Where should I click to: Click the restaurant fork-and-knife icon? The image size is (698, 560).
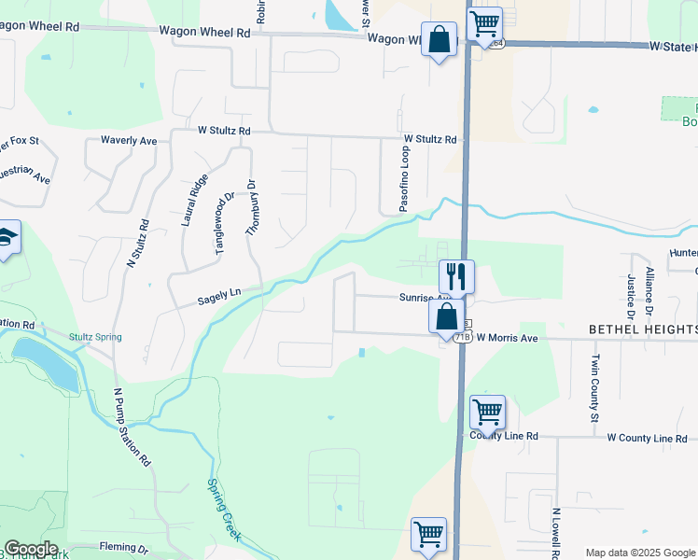[x=457, y=276]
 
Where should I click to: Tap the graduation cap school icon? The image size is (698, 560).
[x=7, y=237]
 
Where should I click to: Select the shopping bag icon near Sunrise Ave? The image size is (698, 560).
[x=447, y=316]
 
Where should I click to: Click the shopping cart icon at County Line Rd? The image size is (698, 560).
[x=487, y=411]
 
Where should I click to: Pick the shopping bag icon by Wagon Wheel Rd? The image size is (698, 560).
[x=439, y=39]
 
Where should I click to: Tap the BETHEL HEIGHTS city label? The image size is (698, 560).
[x=643, y=329]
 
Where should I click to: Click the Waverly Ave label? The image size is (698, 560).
[x=129, y=141]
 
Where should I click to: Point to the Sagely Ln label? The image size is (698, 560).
[x=219, y=297]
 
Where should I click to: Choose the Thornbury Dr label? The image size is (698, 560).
[x=250, y=206]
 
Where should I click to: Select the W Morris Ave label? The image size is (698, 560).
[x=508, y=338]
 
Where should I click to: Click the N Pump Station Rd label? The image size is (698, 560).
[x=132, y=427]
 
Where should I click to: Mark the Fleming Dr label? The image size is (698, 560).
[x=123, y=549]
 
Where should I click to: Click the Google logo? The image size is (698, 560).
[x=30, y=549]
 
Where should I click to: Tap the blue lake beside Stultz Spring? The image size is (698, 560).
[x=47, y=364]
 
